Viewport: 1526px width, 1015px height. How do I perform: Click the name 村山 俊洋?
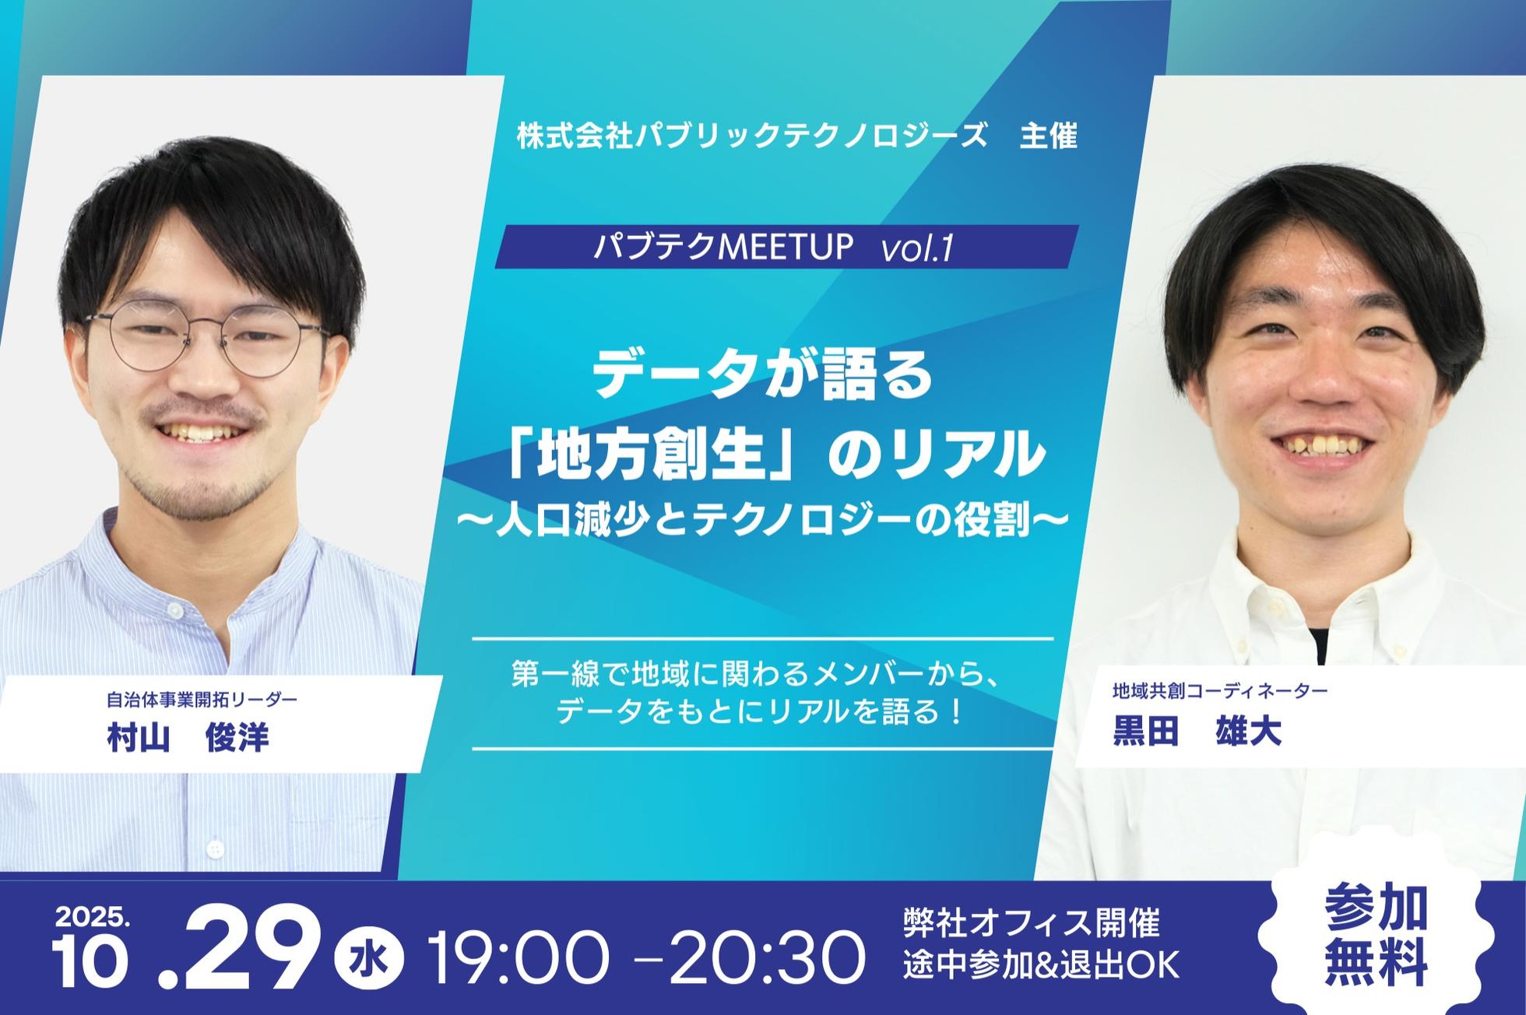[x=188, y=736]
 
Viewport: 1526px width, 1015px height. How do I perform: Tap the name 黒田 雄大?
[x=1197, y=732]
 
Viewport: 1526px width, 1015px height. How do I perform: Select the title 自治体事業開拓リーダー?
[x=202, y=699]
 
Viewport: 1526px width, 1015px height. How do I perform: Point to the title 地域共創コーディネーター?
[x=1220, y=690]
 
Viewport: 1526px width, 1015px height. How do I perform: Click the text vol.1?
[x=917, y=248]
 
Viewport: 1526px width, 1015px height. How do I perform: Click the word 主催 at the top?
[x=1049, y=136]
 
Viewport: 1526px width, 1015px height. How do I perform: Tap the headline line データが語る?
[x=763, y=374]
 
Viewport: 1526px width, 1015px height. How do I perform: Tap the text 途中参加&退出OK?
[x=1042, y=966]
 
